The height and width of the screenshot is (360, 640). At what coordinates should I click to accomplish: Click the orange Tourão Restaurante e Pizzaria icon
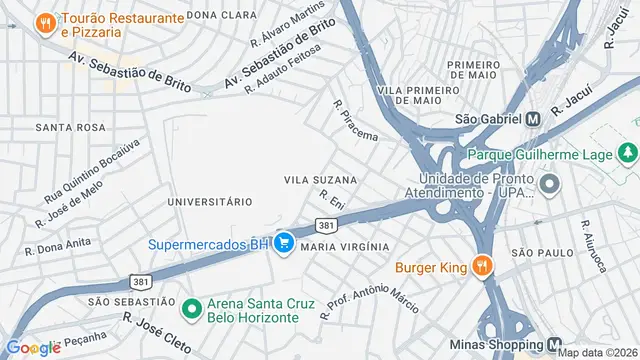coord(45,22)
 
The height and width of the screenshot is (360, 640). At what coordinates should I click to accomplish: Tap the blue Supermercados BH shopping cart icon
coord(284,243)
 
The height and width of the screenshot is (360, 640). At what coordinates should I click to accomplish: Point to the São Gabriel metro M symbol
coord(533,118)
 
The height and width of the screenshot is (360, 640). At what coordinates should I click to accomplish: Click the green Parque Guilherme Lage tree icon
coord(628,155)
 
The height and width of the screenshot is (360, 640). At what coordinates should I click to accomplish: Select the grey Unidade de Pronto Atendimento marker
coord(549,185)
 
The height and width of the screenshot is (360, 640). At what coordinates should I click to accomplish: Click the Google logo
coord(33,347)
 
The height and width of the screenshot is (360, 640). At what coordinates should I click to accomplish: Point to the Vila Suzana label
coord(320,180)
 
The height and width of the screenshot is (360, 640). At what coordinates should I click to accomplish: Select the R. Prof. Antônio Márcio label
coord(369,298)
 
